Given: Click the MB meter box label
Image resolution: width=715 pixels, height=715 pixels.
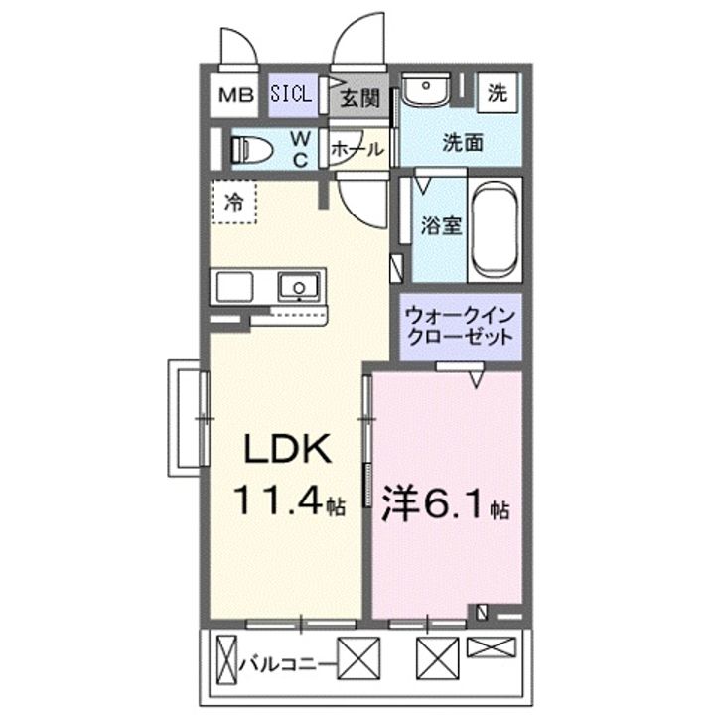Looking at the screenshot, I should (235, 96).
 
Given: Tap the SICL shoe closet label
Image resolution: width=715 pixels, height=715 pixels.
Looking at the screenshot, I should (292, 95).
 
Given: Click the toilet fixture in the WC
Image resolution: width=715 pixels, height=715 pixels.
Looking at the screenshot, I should (252, 149).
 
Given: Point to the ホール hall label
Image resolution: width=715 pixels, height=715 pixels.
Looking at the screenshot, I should (355, 150).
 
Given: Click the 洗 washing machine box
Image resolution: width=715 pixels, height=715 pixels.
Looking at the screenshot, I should (497, 93).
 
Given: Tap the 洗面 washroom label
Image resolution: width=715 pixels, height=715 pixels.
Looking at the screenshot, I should (463, 142).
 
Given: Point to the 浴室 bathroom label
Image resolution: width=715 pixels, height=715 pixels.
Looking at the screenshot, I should (441, 225).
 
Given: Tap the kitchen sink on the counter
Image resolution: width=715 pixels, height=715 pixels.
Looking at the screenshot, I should (296, 288).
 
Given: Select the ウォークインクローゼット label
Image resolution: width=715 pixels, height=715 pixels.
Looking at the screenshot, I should (460, 327).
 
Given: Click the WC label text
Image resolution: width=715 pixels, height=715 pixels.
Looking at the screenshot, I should (301, 149).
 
